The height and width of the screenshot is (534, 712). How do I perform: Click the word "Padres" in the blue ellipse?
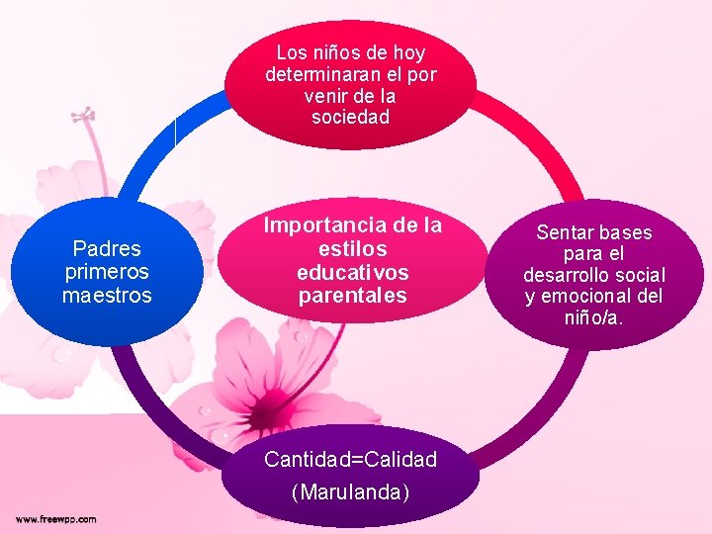coord(107,248)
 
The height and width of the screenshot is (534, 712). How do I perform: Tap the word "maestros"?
coord(107,295)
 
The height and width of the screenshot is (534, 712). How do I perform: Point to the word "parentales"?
coord(352,295)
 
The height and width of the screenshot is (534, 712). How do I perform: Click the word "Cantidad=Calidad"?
coord(350,459)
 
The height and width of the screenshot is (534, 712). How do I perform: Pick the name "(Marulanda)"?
coord(350,490)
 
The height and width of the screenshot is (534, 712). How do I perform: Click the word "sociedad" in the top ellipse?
coord(350,117)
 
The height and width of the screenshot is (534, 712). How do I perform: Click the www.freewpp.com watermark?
coord(55,518)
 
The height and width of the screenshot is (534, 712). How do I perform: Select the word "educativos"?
coord(352,272)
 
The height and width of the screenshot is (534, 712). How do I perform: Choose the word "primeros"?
coord(107,272)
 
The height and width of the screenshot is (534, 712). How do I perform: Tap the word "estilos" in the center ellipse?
coord(352,249)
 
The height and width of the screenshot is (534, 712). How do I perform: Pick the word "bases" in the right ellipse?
coord(625,233)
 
